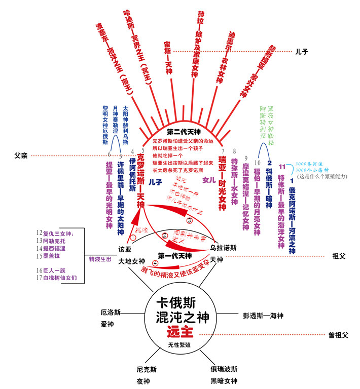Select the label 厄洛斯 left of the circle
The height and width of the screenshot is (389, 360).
111,313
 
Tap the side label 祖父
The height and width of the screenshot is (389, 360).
338,256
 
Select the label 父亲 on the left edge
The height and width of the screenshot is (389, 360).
21,155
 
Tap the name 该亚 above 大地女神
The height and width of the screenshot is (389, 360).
125,249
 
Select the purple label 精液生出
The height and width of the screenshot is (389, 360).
99,259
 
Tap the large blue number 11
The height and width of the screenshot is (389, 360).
282,161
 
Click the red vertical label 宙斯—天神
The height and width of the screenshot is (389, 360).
167,56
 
